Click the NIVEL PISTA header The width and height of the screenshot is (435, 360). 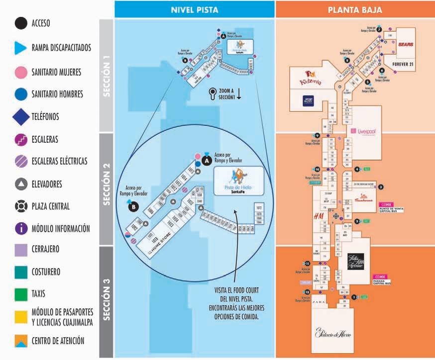pyautogui.click(x=194, y=9)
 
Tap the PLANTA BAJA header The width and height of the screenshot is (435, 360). pyautogui.click(x=355, y=9)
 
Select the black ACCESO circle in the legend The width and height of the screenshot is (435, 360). pyautogui.click(x=21, y=23)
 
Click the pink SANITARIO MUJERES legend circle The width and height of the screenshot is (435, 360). pyautogui.click(x=21, y=71)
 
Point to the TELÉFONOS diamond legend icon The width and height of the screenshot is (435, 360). pyautogui.click(x=21, y=117)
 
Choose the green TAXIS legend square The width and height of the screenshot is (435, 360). pyautogui.click(x=21, y=294)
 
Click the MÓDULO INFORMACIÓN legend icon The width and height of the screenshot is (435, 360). pyautogui.click(x=21, y=228)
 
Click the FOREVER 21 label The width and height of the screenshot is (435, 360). pyautogui.click(x=403, y=65)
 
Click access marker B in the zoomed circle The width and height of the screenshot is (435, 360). pyautogui.click(x=133, y=208)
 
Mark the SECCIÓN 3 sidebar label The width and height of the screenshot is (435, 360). pyautogui.click(x=107, y=301)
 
